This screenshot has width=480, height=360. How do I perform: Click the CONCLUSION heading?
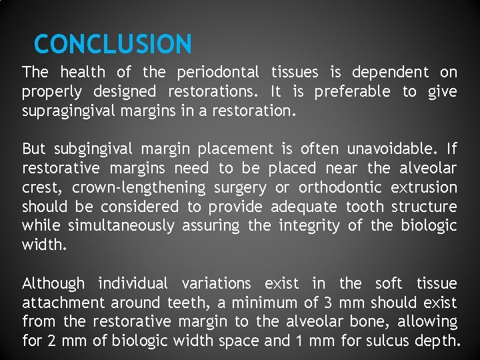pos(113,45)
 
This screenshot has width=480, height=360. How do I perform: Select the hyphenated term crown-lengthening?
pos(139,188)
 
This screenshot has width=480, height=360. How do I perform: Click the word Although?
pos(53,284)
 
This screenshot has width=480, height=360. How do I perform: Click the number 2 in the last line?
pos(51,342)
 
